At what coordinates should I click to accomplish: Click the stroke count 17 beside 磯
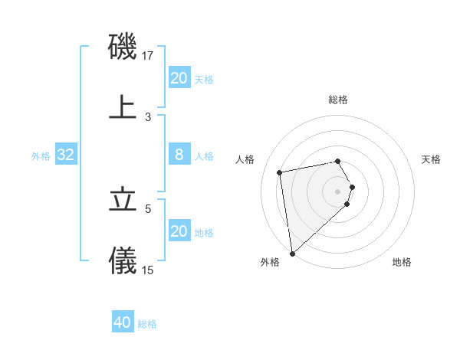[149, 56]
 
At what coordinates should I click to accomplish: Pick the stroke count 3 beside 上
[148, 116]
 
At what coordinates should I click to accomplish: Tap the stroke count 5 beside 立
[148, 208]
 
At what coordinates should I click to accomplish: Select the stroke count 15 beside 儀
[148, 270]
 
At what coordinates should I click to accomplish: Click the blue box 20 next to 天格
[179, 78]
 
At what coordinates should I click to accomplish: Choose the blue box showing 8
[179, 155]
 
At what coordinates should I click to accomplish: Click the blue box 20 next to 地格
[179, 231]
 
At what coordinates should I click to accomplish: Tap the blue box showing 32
[66, 155]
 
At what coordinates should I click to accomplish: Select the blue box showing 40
[123, 322]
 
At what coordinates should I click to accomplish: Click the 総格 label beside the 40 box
[147, 324]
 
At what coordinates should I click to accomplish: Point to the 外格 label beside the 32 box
[41, 156]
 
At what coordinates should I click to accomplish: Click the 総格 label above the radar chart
[338, 100]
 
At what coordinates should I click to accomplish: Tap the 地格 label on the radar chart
[402, 263]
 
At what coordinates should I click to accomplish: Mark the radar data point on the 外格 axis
[292, 253]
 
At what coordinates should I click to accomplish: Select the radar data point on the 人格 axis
[280, 171]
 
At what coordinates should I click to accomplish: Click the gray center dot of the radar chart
[338, 190]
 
